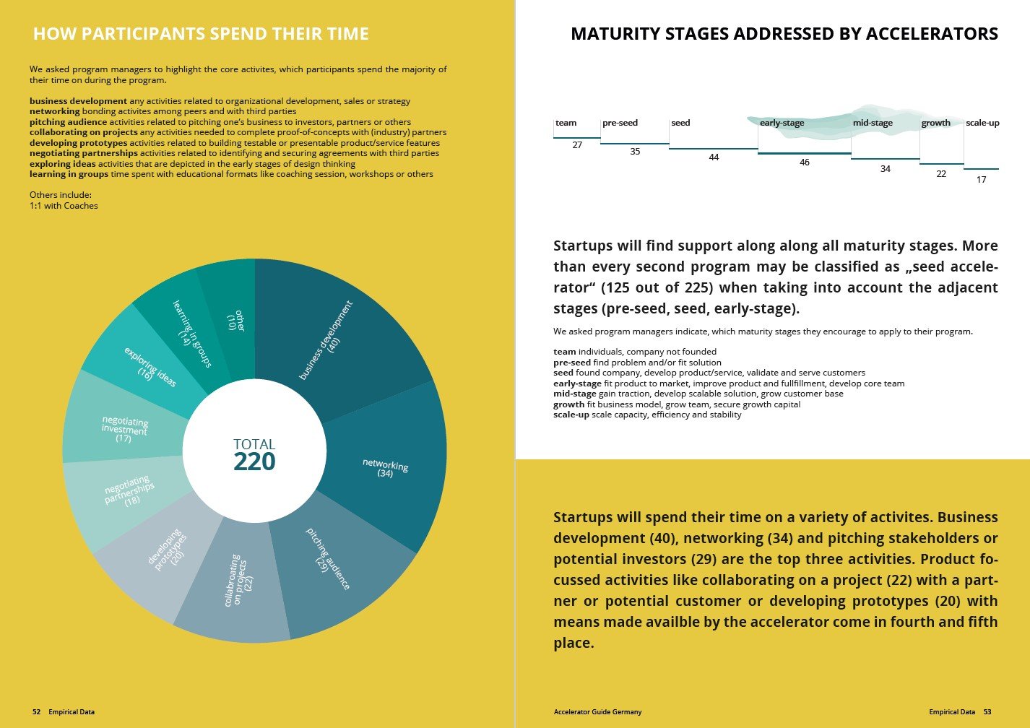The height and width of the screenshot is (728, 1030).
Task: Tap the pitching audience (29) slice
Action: point(329,560)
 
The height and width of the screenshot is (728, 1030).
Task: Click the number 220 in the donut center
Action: point(254,462)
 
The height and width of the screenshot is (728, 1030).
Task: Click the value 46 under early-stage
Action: point(805,162)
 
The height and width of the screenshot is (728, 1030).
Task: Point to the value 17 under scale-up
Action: point(981,180)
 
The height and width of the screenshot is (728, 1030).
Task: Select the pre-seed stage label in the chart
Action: point(620,123)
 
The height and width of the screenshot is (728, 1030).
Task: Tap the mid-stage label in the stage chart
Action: point(873,123)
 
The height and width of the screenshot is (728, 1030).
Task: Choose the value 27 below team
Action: point(577,145)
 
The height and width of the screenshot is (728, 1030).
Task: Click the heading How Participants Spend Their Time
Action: point(201,34)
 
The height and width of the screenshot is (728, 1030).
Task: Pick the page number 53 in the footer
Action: point(987,712)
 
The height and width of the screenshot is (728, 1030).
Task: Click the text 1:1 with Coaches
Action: point(64,206)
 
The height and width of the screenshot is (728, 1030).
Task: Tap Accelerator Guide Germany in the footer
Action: point(597,712)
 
